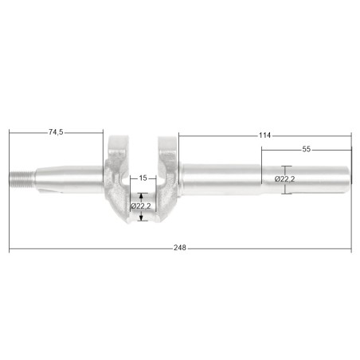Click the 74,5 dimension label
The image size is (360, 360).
click(56, 132)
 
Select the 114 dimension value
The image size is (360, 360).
click(264, 135)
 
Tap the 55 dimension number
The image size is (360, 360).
click(306, 149)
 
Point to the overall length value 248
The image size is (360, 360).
click(180, 248)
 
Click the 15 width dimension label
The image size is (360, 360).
click(143, 178)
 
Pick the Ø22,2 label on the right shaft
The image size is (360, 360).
click(285, 179)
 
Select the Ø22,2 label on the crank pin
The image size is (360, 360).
click(141, 206)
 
